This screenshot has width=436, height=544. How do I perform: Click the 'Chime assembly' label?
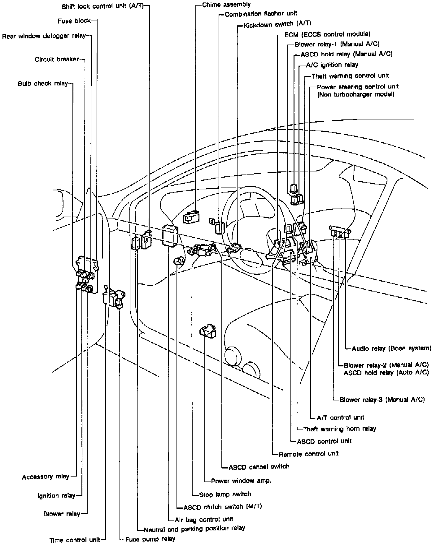(226, 5)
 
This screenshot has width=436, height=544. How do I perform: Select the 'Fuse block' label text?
(74, 21)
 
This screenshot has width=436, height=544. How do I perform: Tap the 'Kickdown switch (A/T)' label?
(277, 24)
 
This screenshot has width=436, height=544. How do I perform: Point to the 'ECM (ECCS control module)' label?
(327, 34)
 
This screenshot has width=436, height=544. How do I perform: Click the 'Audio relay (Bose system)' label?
(391, 348)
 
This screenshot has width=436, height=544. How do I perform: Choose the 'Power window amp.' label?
(241, 481)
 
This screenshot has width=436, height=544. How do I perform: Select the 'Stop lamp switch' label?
(225, 494)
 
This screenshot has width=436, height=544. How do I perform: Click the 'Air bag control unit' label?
(204, 519)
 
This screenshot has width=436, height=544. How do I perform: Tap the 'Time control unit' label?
(75, 540)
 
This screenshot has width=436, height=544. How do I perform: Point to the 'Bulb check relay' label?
(42, 84)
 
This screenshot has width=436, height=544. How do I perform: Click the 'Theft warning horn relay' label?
(339, 429)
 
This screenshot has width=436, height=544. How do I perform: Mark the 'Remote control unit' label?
(308, 454)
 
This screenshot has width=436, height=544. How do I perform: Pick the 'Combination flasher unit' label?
(261, 14)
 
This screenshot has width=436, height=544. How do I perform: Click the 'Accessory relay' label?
(46, 477)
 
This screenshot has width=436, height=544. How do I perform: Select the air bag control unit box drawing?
(170, 236)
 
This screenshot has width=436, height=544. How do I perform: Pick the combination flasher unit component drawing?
(220, 227)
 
